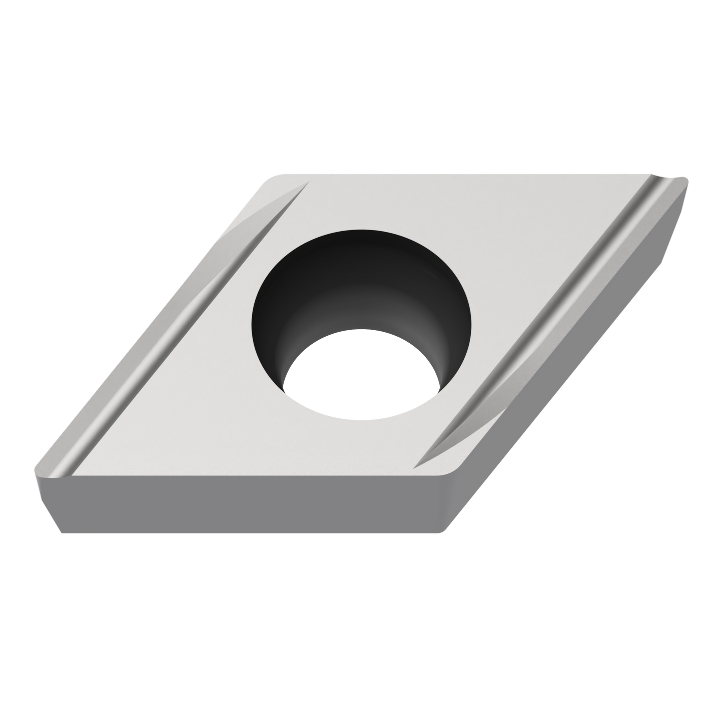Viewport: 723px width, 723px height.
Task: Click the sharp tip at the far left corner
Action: [35, 469]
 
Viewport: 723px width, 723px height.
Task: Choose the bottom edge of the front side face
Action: [250, 533]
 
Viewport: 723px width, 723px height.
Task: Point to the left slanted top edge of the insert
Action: [150, 325]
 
